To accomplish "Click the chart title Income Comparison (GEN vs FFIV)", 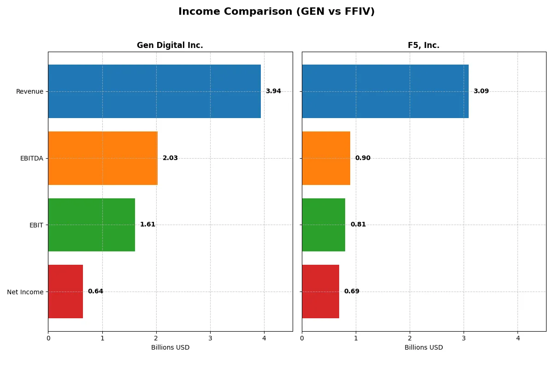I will [x=276, y=12].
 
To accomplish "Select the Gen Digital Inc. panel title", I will [x=170, y=46].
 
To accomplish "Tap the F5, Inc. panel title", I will [x=424, y=46].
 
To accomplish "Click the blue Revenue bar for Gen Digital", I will [x=154, y=91].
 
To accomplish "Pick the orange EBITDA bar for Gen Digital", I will [x=103, y=158].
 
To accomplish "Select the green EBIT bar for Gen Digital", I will [x=91, y=225].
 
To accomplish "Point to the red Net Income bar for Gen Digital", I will [x=65, y=292].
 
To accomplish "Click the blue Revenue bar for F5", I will [x=385, y=91].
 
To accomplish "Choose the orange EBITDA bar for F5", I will [x=326, y=158].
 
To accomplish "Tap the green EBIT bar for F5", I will [x=324, y=225].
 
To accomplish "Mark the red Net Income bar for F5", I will [x=320, y=292].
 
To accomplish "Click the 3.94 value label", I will [x=273, y=91].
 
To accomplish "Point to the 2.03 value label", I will [x=170, y=158].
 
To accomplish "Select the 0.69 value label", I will [x=352, y=292].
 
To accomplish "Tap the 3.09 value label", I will [x=481, y=91].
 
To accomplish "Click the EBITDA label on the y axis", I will [x=31, y=158].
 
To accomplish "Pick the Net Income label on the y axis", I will [x=25, y=292].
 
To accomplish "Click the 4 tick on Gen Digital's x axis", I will [x=264, y=338].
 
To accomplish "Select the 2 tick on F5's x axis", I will [x=410, y=338].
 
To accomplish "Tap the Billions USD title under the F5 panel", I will [x=424, y=348].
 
